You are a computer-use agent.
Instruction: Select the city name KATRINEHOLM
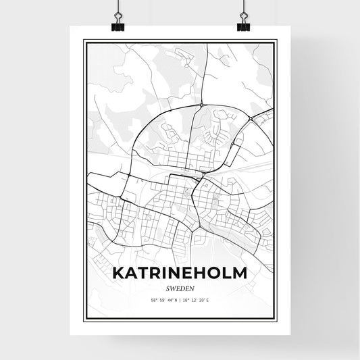pos(179,273)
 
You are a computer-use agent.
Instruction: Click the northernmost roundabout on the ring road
pos(202,105)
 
